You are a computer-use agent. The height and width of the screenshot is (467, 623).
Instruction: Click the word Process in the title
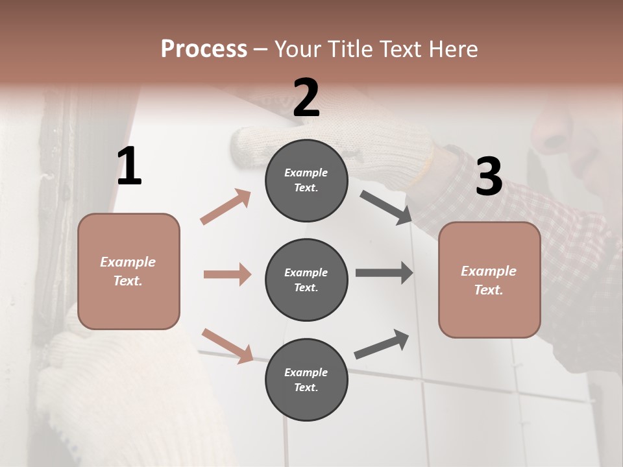pyautogui.click(x=204, y=49)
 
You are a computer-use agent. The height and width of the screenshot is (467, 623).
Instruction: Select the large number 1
pyautogui.click(x=129, y=167)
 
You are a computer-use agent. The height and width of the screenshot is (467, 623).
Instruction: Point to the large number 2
pyautogui.click(x=306, y=98)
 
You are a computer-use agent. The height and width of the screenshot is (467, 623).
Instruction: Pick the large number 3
pyautogui.click(x=489, y=176)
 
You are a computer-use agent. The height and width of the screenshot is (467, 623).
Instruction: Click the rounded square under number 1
pyautogui.click(x=128, y=271)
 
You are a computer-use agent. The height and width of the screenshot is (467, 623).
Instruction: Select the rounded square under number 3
pyautogui.click(x=489, y=280)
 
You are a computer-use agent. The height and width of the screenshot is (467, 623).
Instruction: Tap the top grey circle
pyautogui.click(x=306, y=180)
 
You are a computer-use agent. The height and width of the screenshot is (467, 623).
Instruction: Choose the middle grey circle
pyautogui.click(x=306, y=280)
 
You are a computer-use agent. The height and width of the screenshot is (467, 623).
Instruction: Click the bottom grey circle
pyautogui.click(x=306, y=379)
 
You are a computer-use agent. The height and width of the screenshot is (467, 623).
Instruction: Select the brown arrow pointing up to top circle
pyautogui.click(x=225, y=207)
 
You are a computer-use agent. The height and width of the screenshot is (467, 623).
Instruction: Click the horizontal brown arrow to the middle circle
pyautogui.click(x=227, y=274)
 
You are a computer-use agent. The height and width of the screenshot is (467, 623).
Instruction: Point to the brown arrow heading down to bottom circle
pyautogui.click(x=227, y=346)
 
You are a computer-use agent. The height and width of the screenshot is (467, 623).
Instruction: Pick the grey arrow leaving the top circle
pyautogui.click(x=386, y=208)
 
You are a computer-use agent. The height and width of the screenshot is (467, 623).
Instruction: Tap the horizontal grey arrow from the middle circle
pyautogui.click(x=384, y=273)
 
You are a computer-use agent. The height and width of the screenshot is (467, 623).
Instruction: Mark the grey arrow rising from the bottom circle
pyautogui.click(x=382, y=344)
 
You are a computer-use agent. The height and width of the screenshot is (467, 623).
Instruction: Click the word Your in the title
pyautogui.click(x=297, y=49)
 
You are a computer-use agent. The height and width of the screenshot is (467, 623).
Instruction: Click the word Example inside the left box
pyautogui.click(x=128, y=262)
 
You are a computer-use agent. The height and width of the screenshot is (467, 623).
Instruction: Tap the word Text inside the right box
pyautogui.click(x=488, y=290)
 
